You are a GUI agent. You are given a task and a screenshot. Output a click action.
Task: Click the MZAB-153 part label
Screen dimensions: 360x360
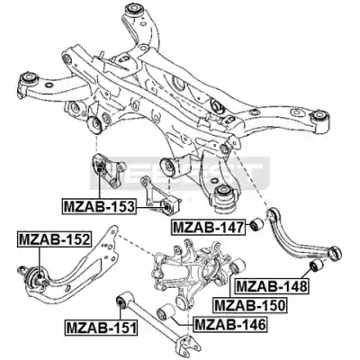(x=98, y=206)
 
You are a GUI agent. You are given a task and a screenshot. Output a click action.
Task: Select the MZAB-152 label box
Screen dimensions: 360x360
(x=54, y=239)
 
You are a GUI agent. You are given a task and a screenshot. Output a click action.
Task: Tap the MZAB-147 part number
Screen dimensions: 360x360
(x=207, y=228)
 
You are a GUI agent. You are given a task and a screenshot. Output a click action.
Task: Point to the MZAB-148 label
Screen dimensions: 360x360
(x=272, y=286)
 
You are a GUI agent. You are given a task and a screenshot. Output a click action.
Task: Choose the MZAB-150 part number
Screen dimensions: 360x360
(x=249, y=305)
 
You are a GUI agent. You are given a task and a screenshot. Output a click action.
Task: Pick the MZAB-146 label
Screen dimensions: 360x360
(x=229, y=324)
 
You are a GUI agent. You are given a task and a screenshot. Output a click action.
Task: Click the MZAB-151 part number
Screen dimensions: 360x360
(x=102, y=328)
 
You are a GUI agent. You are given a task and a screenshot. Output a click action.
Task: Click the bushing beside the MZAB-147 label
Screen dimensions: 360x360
(x=256, y=224)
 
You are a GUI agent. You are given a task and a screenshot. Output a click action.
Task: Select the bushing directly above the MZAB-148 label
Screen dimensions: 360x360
(x=316, y=265)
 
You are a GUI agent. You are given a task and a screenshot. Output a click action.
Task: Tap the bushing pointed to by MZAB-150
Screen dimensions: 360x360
(x=238, y=265)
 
